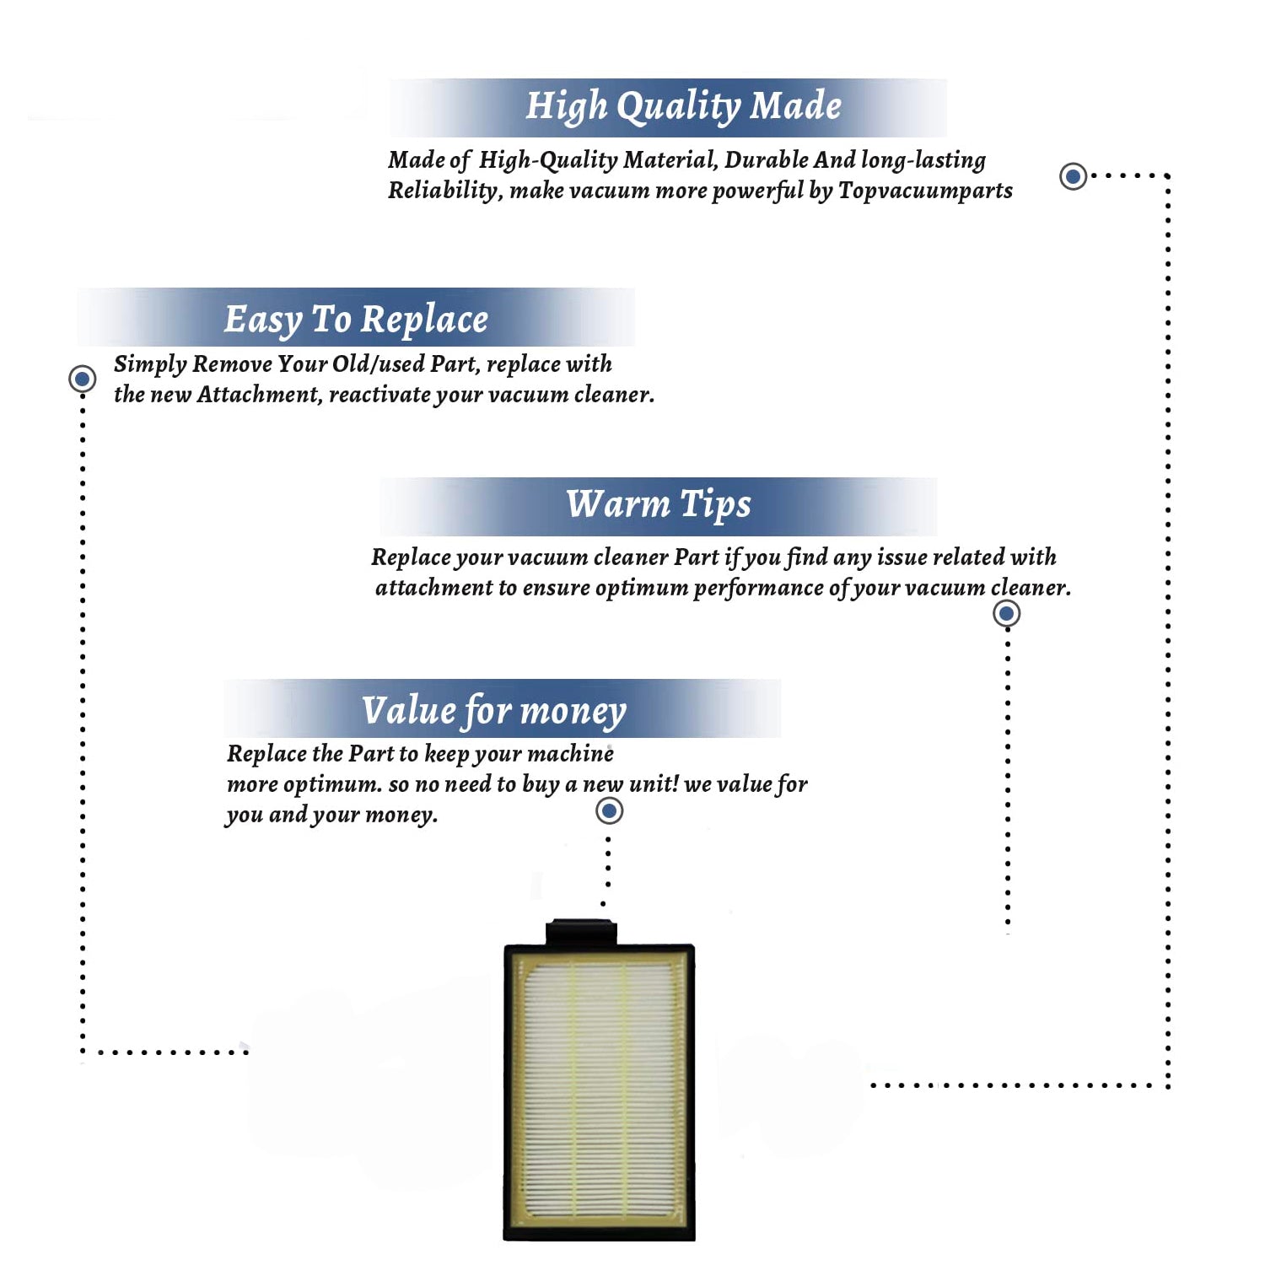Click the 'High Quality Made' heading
coord(683,107)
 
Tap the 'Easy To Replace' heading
coord(356,320)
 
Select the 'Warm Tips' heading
coord(658,504)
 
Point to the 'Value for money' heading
coord(494,710)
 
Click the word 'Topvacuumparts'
coord(925,191)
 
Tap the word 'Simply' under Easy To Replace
coord(150,365)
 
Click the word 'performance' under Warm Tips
coord(758,588)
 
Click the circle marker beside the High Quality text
coord(1073,176)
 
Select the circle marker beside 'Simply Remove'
coord(83,379)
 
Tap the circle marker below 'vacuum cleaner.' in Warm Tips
coord(1006,613)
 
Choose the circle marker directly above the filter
coord(609,811)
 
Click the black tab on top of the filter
coord(581,933)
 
